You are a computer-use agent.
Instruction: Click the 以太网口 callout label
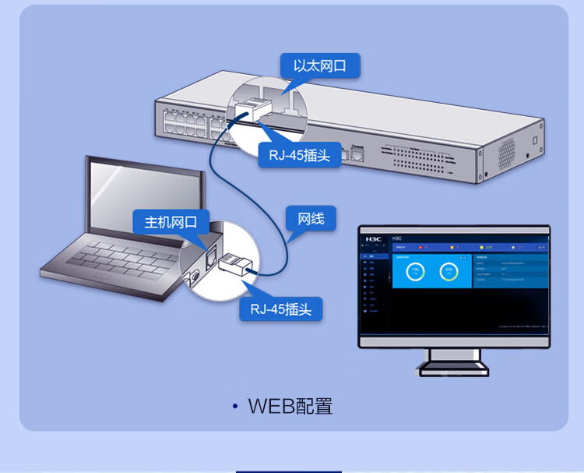pos(319,65)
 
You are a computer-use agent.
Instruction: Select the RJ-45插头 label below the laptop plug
pos(280,309)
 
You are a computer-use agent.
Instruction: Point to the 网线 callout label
pos(311,218)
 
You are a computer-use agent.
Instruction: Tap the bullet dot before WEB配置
pos(235,407)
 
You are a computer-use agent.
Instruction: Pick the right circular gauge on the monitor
pos(448,272)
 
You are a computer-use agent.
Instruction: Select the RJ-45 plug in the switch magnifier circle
pos(251,112)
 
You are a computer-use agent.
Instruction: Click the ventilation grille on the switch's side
pos(507,147)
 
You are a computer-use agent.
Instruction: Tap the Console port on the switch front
pos(358,154)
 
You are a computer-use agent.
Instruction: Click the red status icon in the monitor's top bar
pos(421,248)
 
